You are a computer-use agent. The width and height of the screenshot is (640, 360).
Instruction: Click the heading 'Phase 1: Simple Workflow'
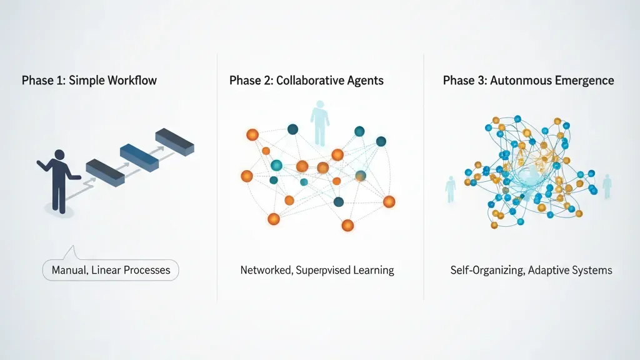pos(89,81)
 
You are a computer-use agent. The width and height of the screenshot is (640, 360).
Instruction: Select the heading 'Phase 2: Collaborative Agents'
pos(306,81)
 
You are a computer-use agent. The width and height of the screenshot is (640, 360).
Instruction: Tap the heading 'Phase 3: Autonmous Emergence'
pos(528,81)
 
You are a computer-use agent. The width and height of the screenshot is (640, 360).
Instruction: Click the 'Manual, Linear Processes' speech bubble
pos(111,271)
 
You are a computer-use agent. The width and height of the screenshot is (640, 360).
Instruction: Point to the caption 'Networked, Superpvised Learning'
pos(317,271)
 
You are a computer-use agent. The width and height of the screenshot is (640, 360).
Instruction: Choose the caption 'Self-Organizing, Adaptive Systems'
pos(531,271)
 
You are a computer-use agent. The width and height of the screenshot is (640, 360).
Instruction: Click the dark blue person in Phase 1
pos(59,181)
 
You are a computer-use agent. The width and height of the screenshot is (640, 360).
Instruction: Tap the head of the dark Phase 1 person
pos(60,154)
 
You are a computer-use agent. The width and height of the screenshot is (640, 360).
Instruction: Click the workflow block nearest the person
pos(104,171)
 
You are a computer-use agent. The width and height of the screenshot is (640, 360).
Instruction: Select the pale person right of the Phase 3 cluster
pos(606,186)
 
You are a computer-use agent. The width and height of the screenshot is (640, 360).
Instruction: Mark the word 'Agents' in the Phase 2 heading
pos(366,81)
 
